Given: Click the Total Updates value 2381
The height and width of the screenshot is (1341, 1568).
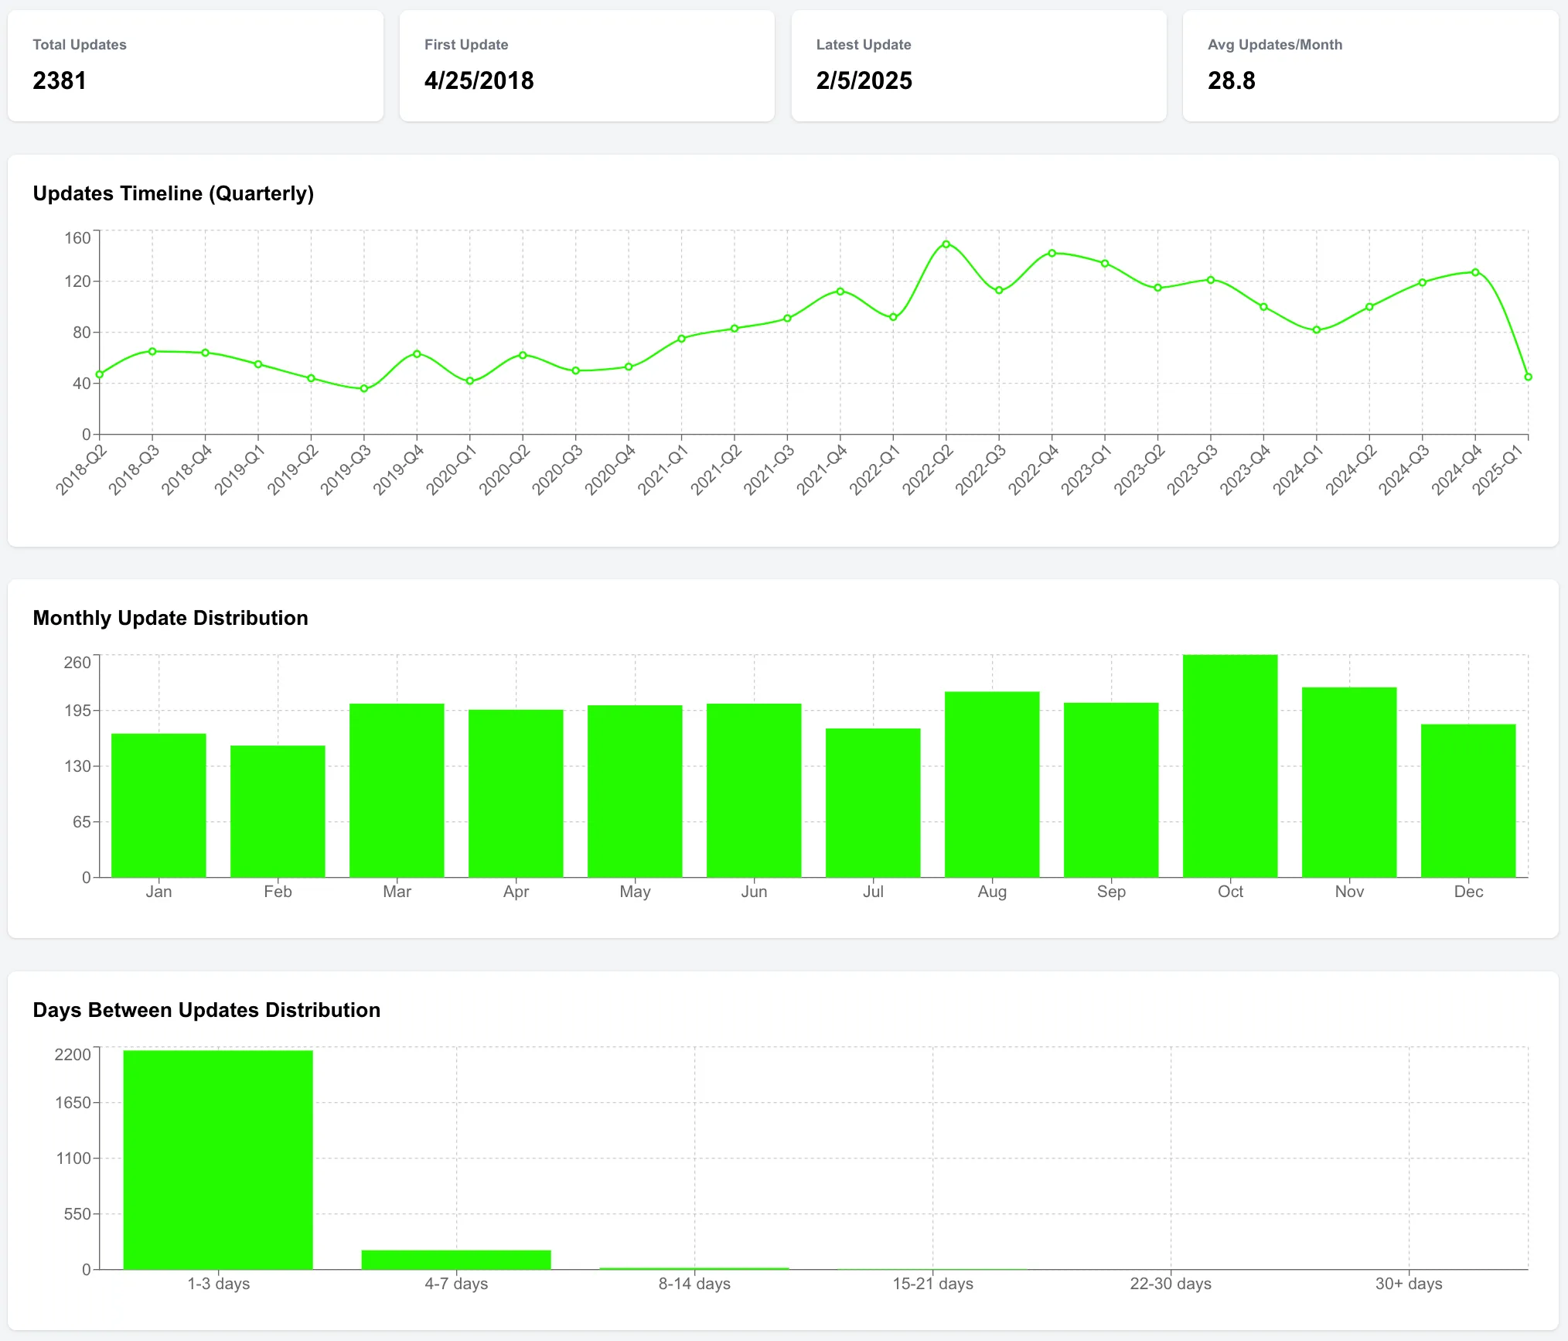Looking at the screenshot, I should [x=60, y=80].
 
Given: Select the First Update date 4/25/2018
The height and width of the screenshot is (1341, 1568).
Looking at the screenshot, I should [x=479, y=80].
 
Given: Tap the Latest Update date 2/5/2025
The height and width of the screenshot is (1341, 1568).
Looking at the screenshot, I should [x=864, y=80].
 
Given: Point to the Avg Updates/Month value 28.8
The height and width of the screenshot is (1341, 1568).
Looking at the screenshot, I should [x=1231, y=80].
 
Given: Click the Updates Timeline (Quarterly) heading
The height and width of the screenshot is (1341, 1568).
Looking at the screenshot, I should [x=173, y=193].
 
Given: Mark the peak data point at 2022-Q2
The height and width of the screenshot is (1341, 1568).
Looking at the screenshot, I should [x=946, y=244].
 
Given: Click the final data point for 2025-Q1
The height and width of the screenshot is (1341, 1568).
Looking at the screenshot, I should [x=1528, y=377].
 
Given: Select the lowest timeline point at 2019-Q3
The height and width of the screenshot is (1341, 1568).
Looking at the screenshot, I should [x=364, y=389].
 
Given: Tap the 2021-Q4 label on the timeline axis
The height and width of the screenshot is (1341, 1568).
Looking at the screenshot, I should [x=823, y=469].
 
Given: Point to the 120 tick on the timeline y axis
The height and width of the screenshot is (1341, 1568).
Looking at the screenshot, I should [x=77, y=282].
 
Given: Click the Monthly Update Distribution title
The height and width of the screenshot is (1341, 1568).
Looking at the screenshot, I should [x=170, y=618].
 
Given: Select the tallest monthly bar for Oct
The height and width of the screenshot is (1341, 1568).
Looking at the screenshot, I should [x=1230, y=766].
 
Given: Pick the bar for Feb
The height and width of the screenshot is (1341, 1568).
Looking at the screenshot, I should [x=278, y=810].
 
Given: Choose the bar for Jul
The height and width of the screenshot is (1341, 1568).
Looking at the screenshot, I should [x=873, y=802].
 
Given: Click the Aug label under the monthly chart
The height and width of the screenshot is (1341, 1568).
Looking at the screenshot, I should [x=992, y=892].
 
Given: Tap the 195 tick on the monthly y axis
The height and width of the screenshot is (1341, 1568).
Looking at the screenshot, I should [x=77, y=711].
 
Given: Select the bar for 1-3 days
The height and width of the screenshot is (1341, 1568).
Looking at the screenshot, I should [x=218, y=1159].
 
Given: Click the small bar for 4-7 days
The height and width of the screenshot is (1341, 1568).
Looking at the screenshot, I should [x=456, y=1260].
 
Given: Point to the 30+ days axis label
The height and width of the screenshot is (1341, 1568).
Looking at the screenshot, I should [x=1408, y=1284].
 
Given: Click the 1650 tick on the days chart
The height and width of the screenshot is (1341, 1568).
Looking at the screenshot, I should [x=73, y=1103].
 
